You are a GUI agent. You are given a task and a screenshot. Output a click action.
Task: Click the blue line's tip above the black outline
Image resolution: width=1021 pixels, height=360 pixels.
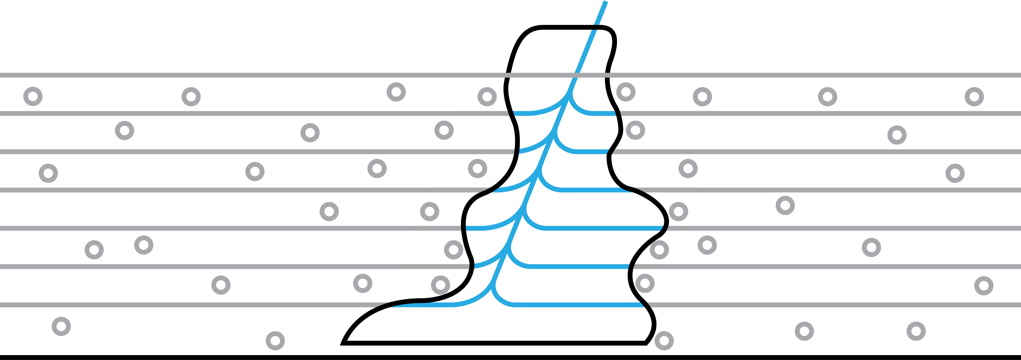click(x=605, y=2)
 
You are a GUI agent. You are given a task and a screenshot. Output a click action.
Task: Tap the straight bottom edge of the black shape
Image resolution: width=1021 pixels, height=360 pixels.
click(x=495, y=343)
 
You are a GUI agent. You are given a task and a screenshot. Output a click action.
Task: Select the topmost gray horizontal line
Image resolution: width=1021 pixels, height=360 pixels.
click(x=238, y=75)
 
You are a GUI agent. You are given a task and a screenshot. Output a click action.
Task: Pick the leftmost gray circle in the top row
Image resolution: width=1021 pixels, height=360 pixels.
click(x=33, y=96)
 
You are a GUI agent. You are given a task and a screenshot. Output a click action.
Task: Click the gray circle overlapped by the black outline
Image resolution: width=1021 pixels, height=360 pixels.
click(x=659, y=250)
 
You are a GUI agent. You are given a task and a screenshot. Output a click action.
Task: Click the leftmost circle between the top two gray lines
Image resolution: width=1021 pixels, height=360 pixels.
click(x=33, y=96)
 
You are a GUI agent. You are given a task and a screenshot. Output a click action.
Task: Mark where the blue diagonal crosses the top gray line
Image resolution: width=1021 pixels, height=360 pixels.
click(x=577, y=75)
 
